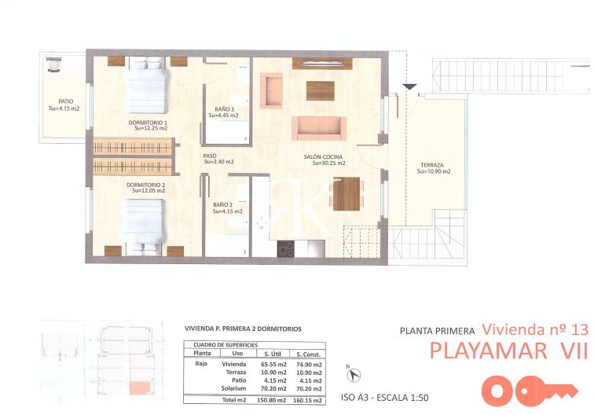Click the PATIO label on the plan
coord(63,105)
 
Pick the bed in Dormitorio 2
coord(145,224)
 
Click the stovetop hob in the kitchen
coord(286,248)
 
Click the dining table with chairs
coord(346,193)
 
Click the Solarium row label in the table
coord(234,388)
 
